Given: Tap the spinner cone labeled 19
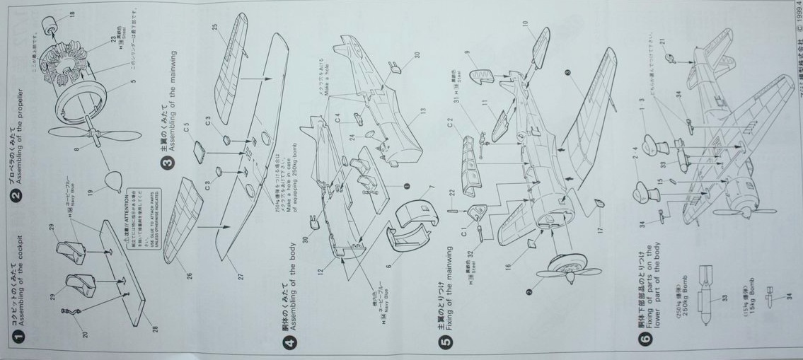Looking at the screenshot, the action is (112, 182).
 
